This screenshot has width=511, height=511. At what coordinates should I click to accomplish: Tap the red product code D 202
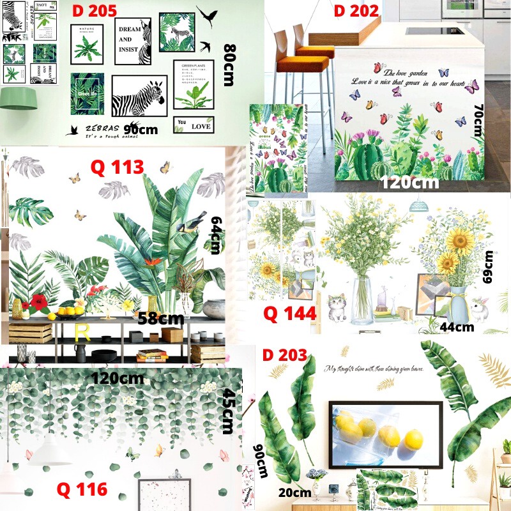[356, 11]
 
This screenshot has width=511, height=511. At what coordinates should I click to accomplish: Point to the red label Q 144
[290, 314]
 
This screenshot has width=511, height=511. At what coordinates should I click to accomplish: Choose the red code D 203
[285, 355]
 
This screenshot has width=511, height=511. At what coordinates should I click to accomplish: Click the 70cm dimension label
[477, 121]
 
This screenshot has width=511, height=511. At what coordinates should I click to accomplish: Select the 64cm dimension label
[215, 234]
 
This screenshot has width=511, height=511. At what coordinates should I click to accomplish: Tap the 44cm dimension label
[457, 327]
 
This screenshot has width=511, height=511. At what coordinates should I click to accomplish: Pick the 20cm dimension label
[294, 492]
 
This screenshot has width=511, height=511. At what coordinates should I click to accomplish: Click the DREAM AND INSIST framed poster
[133, 42]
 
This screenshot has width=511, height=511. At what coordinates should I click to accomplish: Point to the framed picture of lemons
[385, 432]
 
